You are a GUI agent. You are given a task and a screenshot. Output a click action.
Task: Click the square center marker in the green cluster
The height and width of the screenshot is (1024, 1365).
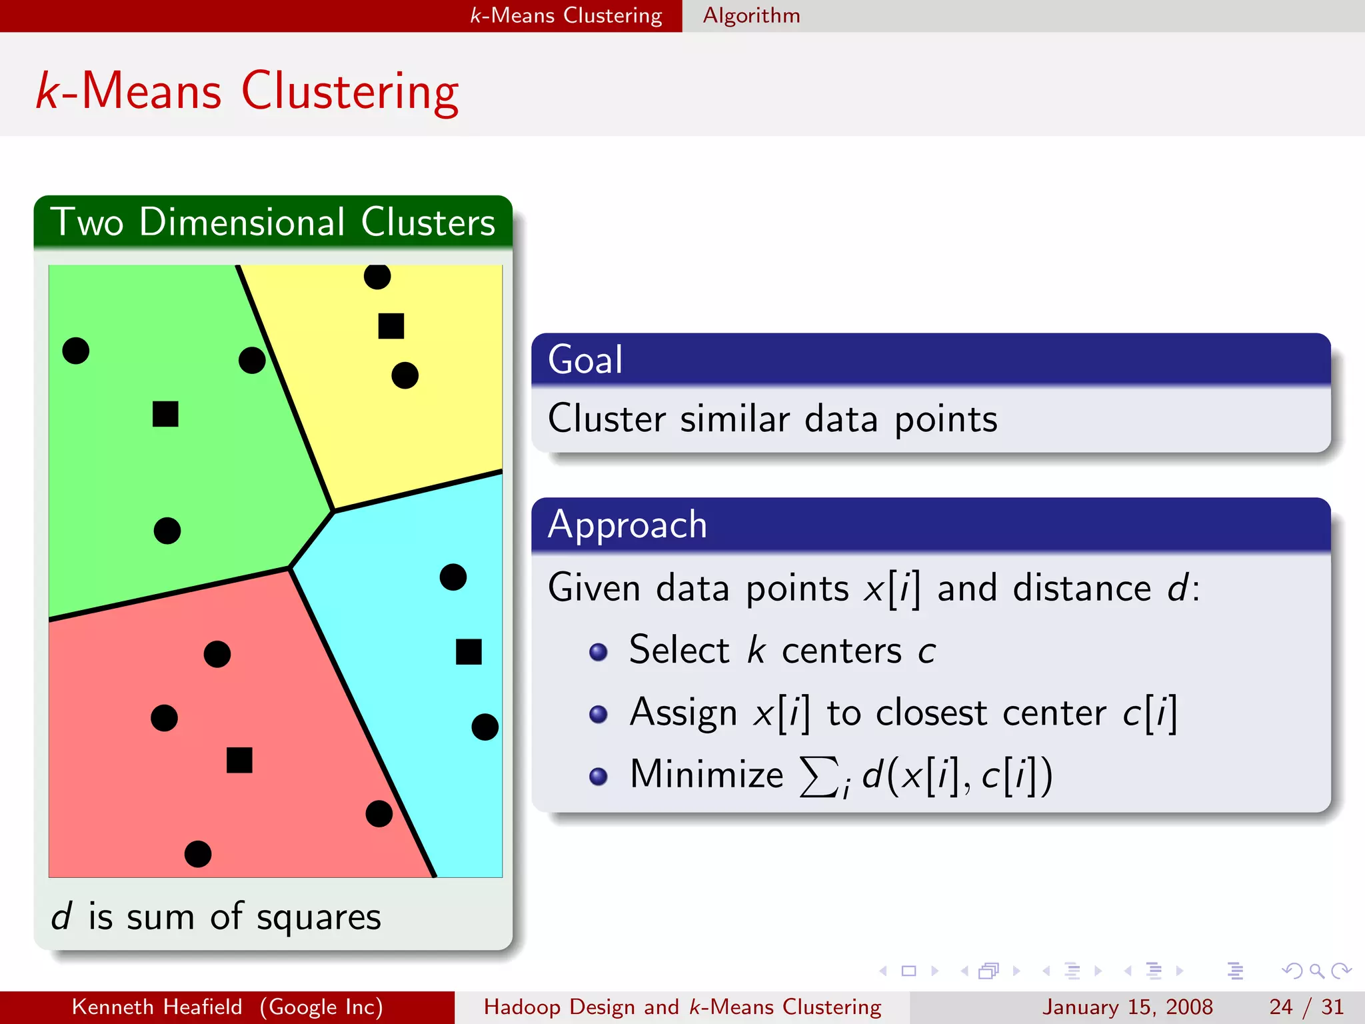pyautogui.click(x=165, y=414)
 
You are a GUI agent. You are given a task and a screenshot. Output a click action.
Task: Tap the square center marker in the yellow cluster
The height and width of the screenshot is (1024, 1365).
pyautogui.click(x=391, y=326)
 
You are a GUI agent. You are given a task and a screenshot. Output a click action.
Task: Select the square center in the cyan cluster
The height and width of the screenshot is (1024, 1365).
pyautogui.click(x=469, y=651)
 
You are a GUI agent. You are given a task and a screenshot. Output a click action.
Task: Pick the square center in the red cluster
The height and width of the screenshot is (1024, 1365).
pyautogui.click(x=239, y=760)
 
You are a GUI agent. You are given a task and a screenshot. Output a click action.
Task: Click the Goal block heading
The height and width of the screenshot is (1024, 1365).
pyautogui.click(x=585, y=360)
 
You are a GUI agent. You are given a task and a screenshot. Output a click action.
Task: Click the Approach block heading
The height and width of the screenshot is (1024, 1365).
pyautogui.click(x=627, y=525)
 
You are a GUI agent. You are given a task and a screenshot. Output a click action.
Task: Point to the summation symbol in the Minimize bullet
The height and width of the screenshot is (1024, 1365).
pyautogui.click(x=818, y=777)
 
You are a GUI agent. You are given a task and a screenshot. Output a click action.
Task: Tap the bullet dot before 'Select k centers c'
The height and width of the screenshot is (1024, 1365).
pyautogui.click(x=599, y=651)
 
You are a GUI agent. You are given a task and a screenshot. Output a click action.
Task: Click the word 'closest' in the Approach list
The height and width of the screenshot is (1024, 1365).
pyautogui.click(x=930, y=713)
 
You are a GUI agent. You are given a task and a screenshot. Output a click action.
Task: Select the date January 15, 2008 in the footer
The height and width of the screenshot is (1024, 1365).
pyautogui.click(x=1127, y=1007)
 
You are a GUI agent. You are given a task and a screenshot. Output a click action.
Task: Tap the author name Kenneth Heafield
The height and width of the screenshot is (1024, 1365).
pyautogui.click(x=157, y=1007)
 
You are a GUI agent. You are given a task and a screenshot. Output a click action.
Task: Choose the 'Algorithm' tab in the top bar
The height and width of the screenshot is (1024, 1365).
pyautogui.click(x=751, y=15)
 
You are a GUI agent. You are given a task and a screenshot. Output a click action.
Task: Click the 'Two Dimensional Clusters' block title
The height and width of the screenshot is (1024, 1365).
pyautogui.click(x=273, y=222)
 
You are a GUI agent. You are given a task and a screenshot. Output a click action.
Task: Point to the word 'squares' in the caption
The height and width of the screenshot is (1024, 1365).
pyautogui.click(x=319, y=917)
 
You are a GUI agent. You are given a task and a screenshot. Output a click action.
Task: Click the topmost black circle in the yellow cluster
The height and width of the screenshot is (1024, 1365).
pyautogui.click(x=377, y=276)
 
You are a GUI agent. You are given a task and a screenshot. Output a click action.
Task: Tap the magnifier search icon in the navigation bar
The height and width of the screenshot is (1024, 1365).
pyautogui.click(x=1316, y=971)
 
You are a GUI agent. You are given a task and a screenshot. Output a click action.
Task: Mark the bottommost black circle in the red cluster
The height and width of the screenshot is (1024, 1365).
pyautogui.click(x=198, y=854)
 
